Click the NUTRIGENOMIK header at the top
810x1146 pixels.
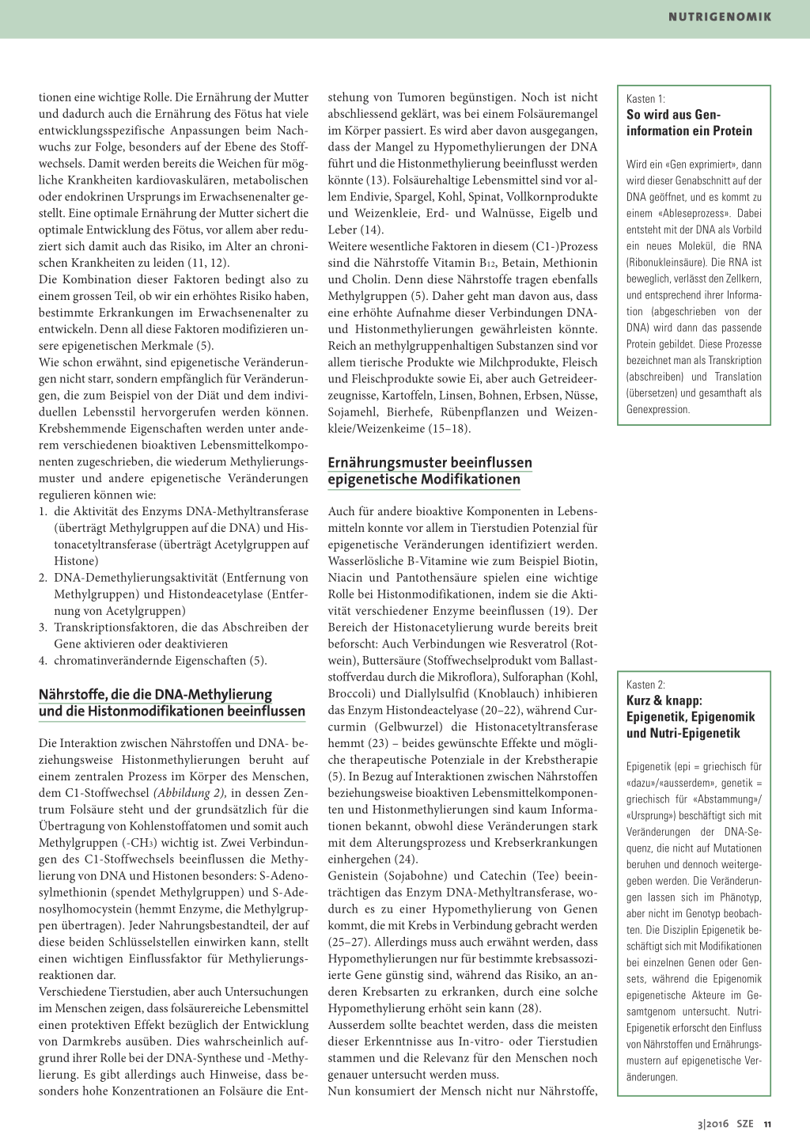(x=719, y=17)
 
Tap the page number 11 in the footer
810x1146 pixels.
(x=767, y=1124)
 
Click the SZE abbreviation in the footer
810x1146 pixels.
(x=745, y=1124)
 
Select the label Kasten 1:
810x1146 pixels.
(x=645, y=99)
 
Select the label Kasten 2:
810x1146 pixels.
(x=645, y=685)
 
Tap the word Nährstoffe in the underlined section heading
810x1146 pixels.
(x=73, y=695)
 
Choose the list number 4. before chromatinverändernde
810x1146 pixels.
(x=44, y=661)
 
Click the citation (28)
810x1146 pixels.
(x=527, y=1008)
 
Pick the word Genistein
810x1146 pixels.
(x=357, y=876)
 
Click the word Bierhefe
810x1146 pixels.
(x=411, y=412)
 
